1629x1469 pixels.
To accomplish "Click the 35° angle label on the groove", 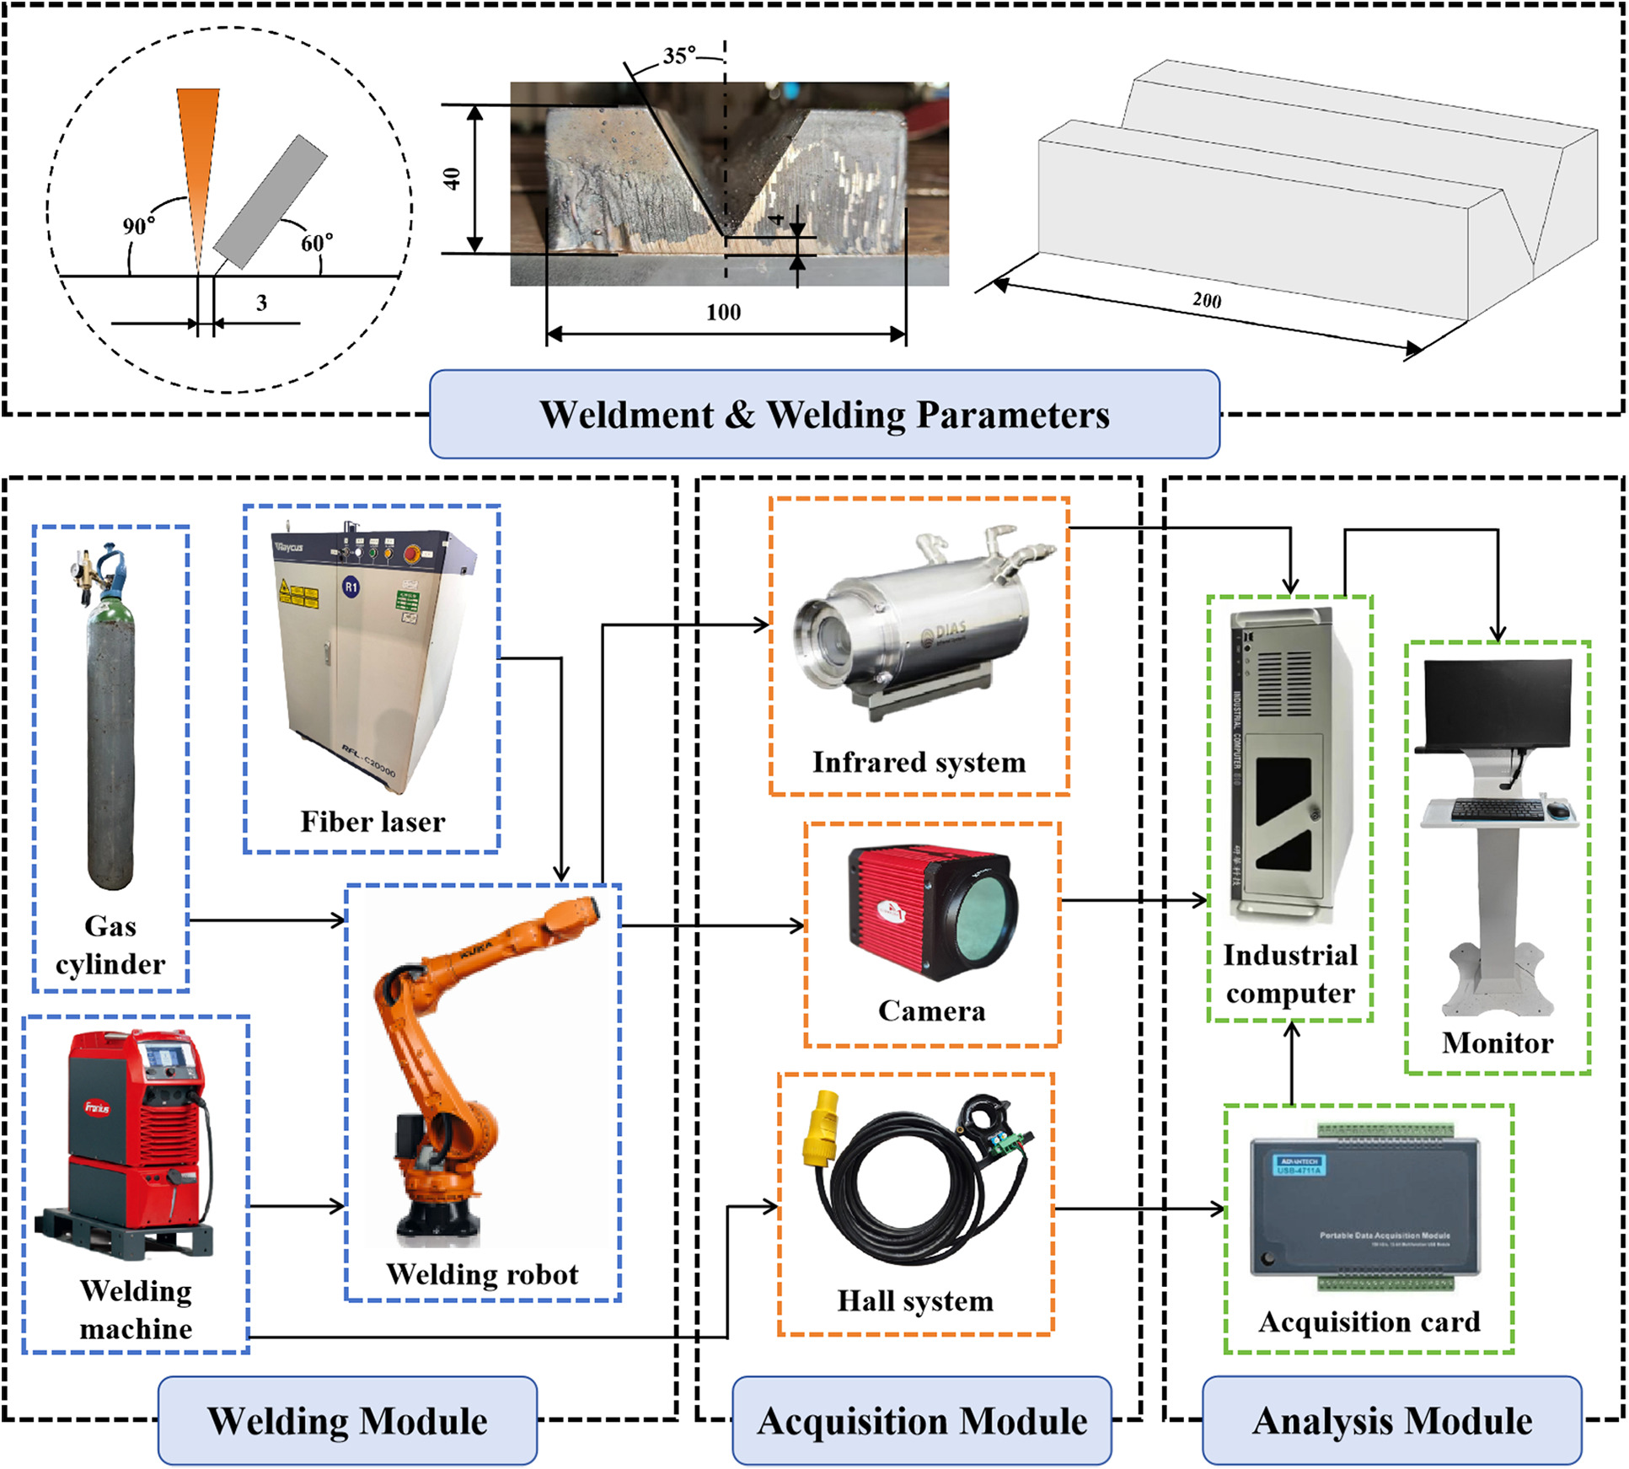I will (x=679, y=56).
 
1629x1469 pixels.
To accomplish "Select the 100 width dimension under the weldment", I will (x=723, y=313).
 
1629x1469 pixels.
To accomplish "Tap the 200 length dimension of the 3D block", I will (x=1207, y=301).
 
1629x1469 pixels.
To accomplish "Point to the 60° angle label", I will (x=317, y=244).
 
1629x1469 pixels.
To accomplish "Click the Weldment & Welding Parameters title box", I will (x=824, y=415).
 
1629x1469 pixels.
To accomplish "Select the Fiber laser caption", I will (x=372, y=822).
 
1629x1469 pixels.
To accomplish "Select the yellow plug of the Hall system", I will (x=821, y=1129).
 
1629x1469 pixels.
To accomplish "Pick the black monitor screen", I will (x=1497, y=704).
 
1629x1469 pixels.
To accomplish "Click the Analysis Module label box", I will (x=1391, y=1420).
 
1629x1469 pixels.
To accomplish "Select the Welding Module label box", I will (x=347, y=1420).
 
